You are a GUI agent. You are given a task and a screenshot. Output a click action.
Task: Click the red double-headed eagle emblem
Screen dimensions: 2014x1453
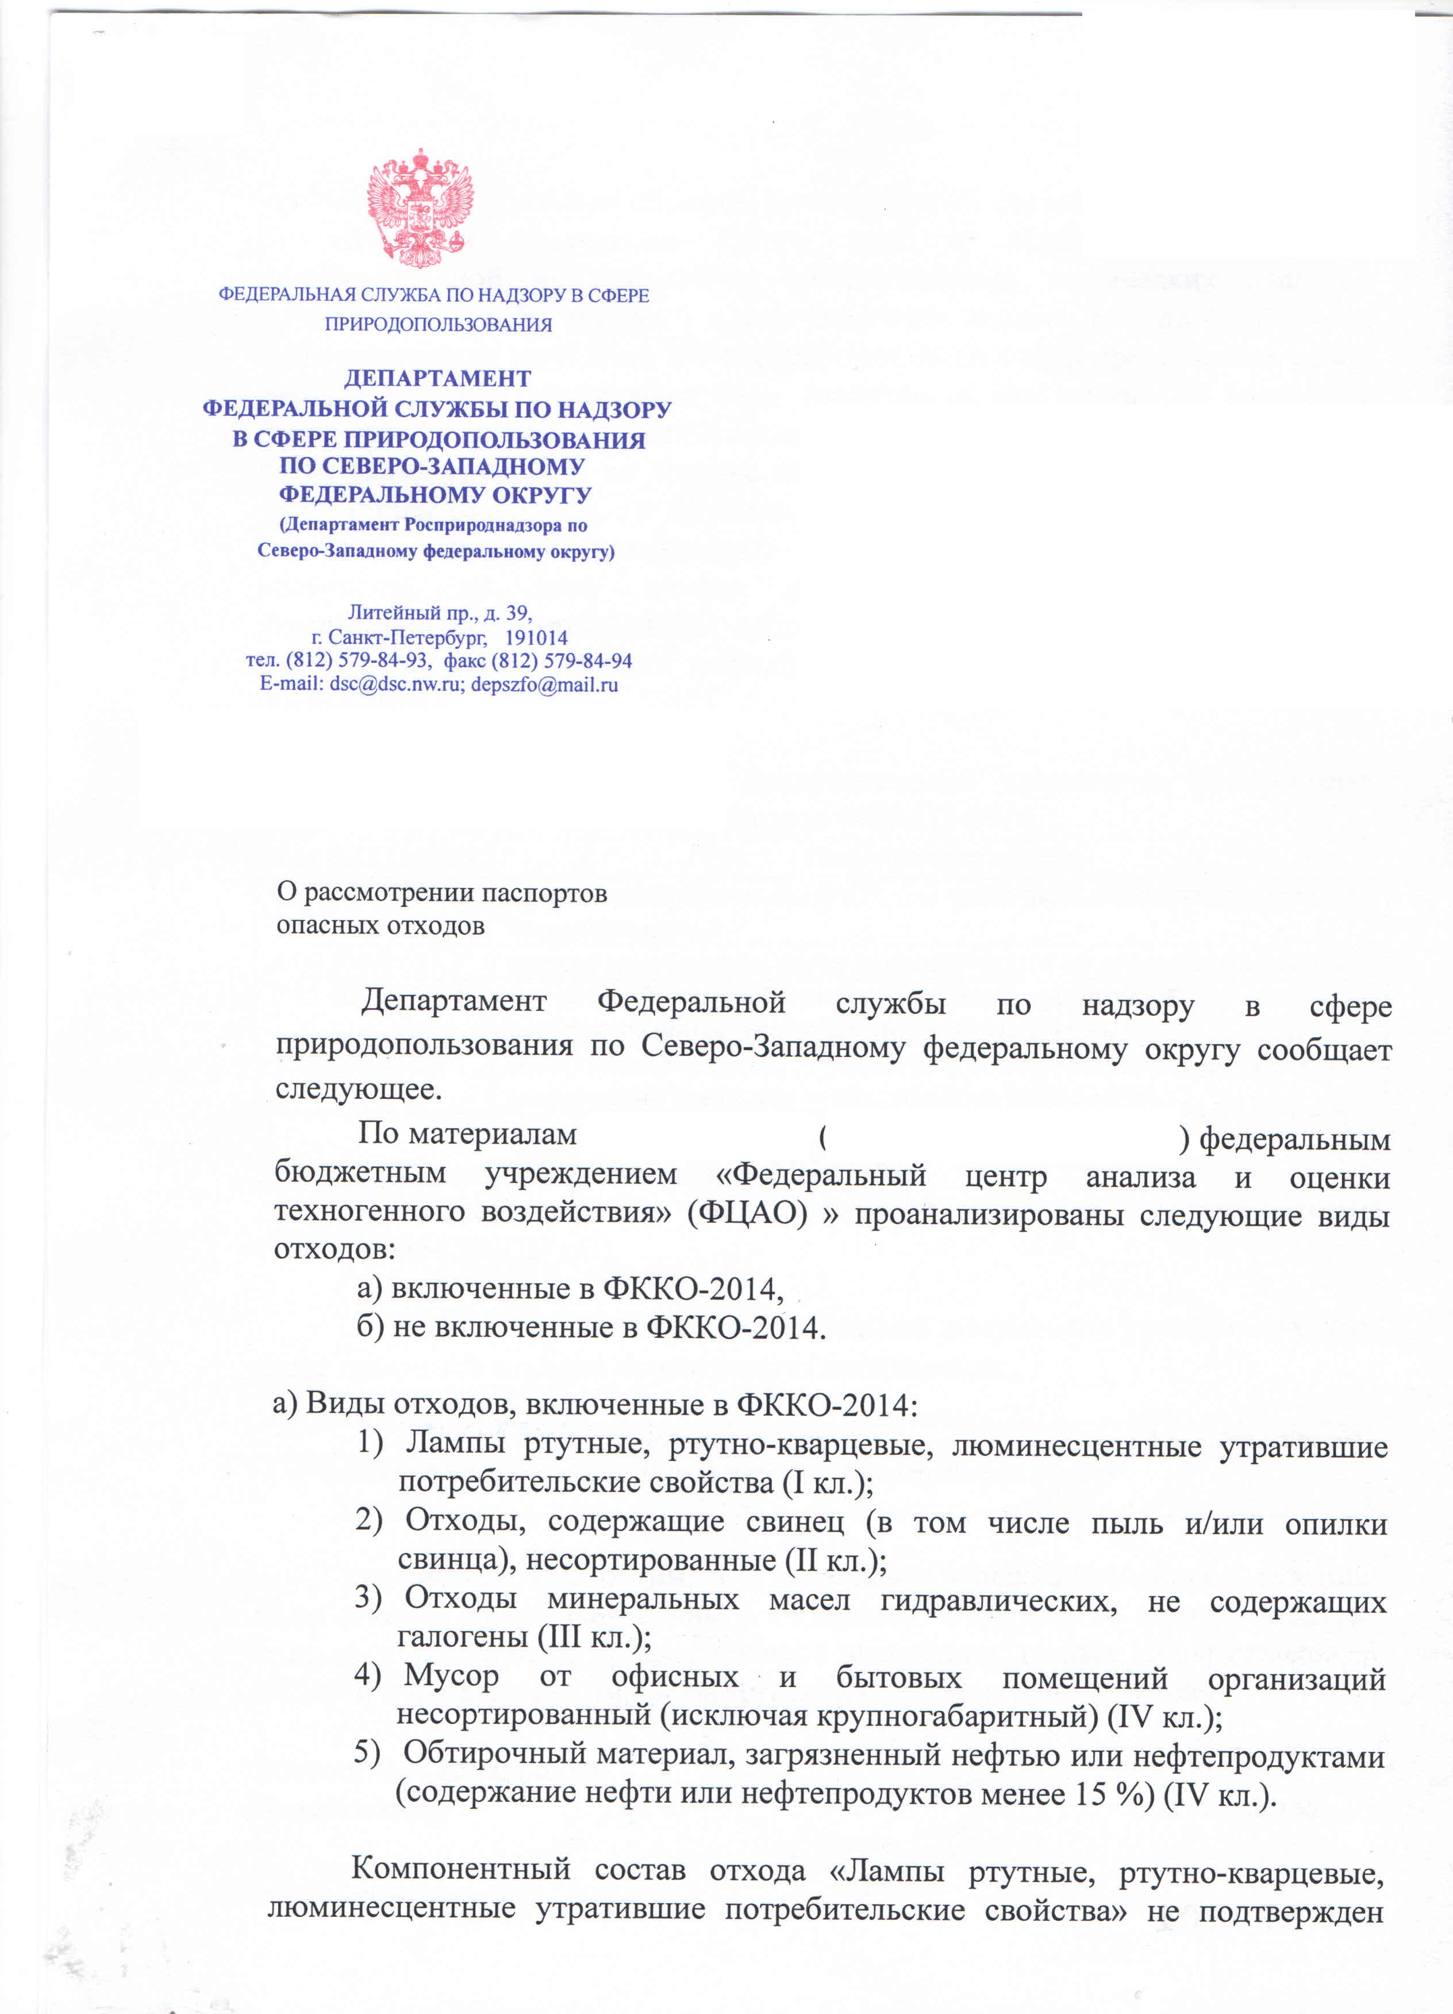[x=420, y=209]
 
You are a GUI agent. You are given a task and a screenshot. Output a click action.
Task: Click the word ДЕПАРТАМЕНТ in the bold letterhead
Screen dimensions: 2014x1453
[x=437, y=379]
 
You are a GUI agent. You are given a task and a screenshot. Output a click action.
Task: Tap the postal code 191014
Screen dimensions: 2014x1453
[x=536, y=637]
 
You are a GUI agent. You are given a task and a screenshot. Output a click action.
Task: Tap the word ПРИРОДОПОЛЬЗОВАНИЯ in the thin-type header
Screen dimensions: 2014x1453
[x=438, y=325]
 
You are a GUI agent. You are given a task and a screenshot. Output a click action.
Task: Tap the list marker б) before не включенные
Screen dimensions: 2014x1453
[x=370, y=1328]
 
